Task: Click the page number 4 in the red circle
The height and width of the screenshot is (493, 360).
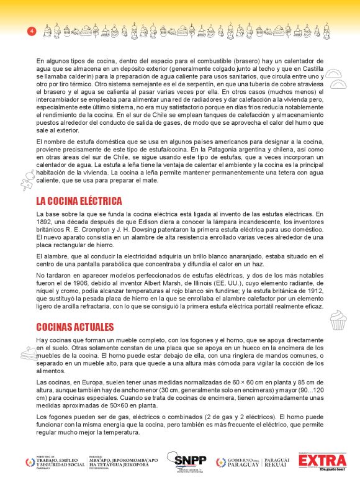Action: pos(31,30)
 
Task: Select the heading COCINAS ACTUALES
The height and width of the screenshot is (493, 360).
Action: pos(74,327)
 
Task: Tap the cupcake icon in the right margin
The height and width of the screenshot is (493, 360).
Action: pos(338,320)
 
